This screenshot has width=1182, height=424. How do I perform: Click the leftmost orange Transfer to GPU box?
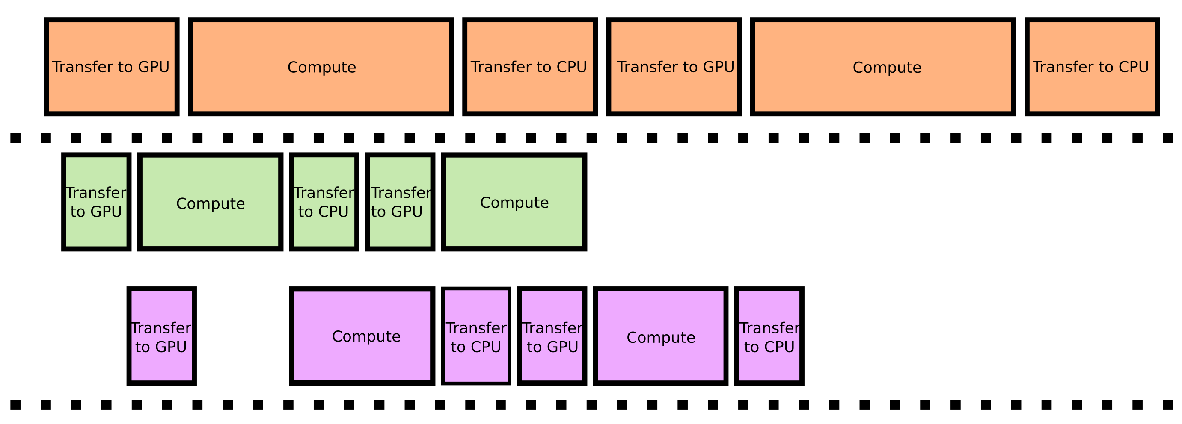click(112, 67)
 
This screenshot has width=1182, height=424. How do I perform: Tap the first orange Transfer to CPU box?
click(529, 67)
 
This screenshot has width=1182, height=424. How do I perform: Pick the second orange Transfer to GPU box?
click(674, 67)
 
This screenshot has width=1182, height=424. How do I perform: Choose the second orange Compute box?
click(883, 67)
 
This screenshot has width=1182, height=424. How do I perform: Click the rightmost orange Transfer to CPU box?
click(1092, 67)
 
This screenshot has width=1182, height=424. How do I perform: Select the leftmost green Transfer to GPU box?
click(96, 202)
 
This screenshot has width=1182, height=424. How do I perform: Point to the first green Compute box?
click(211, 202)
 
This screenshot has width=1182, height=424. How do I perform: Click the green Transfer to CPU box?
click(324, 202)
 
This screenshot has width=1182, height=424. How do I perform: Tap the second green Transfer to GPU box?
click(400, 202)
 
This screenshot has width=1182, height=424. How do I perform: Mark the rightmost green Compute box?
click(514, 202)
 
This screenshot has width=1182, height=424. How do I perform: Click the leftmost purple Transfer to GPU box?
click(161, 336)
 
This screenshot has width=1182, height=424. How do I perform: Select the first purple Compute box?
click(362, 336)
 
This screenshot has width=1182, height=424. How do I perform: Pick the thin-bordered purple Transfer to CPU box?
click(476, 336)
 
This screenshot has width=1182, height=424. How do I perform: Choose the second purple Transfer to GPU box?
click(552, 336)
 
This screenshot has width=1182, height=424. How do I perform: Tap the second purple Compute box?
click(660, 336)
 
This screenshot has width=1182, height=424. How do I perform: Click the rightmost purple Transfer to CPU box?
click(769, 336)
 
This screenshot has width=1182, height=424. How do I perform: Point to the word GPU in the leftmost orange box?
click(154, 67)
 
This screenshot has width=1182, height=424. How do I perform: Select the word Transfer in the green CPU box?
click(324, 193)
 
